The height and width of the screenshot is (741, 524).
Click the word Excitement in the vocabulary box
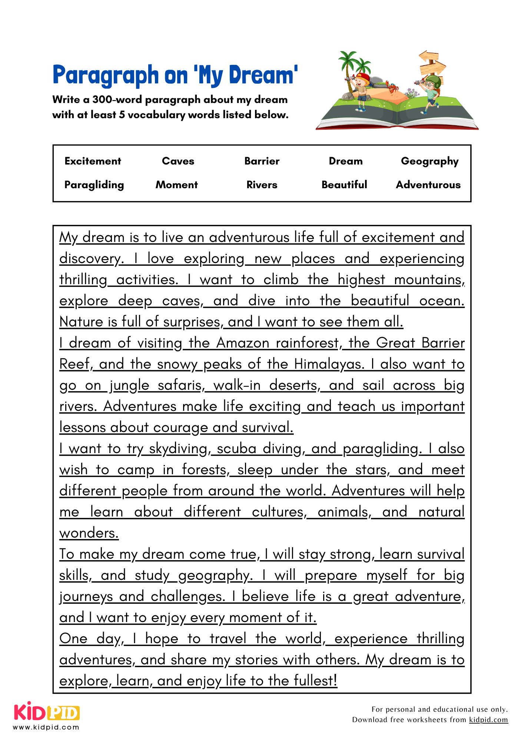(93, 161)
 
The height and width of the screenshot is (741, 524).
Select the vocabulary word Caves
(178, 161)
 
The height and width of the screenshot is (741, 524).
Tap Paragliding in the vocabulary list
(94, 185)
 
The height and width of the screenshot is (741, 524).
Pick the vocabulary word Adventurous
(428, 185)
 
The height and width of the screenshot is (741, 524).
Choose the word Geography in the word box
(430, 162)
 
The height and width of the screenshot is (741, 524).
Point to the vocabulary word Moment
(177, 185)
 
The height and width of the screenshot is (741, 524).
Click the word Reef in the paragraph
(74, 364)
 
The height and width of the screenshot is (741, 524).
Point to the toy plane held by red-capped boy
(349, 79)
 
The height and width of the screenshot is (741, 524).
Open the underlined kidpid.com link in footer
(488, 720)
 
